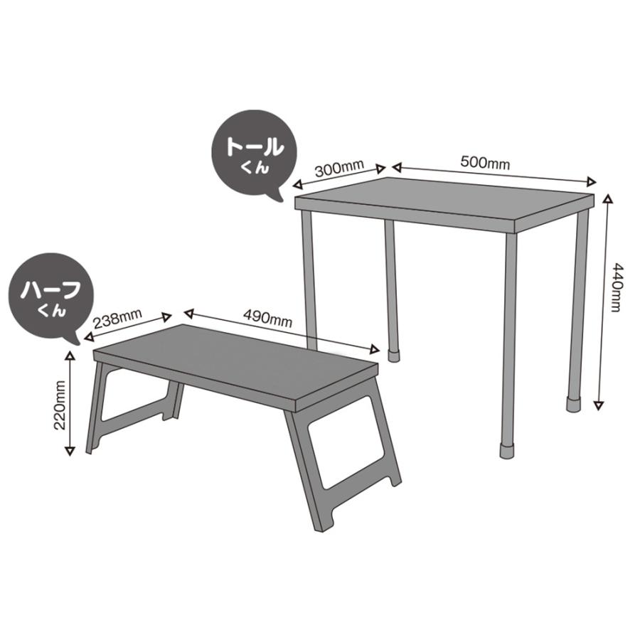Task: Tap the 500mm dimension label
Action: (x=485, y=161)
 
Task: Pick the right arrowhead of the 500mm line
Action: (x=591, y=180)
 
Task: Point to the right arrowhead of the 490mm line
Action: (x=375, y=348)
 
